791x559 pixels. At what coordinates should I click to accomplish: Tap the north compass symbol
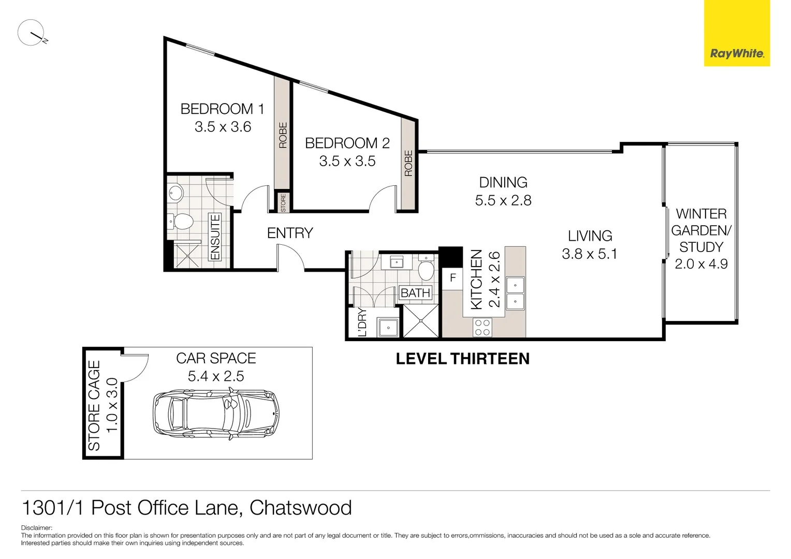coord(31,33)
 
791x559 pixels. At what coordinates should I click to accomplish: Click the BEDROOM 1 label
coord(222,109)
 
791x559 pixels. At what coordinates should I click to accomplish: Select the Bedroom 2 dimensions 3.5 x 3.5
coord(347,161)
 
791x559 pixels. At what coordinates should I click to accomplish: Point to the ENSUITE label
coord(215,237)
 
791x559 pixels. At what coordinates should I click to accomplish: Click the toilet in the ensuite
coord(182,222)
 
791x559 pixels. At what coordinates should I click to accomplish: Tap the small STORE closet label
coord(283,202)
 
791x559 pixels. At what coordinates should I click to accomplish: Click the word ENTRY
coord(290,233)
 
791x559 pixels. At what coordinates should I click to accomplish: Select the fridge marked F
coord(453,278)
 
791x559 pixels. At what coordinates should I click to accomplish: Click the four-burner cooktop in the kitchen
coord(482,328)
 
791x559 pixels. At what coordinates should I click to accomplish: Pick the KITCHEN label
coord(476,279)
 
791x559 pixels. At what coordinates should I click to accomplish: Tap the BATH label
coord(416,293)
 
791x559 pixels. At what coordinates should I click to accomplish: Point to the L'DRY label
coord(362,322)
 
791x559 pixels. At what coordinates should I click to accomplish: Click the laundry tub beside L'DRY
coord(387,327)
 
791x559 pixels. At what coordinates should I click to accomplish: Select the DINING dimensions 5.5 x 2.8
coord(503,201)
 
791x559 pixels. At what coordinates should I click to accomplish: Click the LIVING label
coord(590,236)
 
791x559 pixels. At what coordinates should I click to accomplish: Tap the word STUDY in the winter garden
coord(701,247)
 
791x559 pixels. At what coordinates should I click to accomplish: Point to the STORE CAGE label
coord(94,405)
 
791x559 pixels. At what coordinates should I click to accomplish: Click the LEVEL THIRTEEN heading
coord(462,359)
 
